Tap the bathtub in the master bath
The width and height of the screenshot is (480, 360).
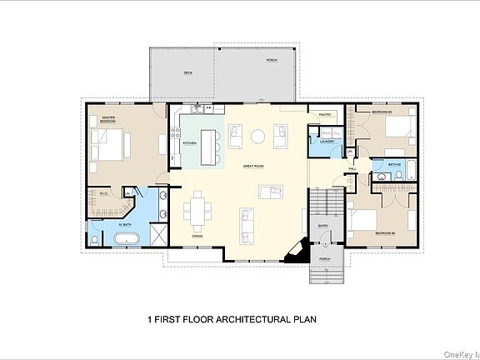coord(127,240)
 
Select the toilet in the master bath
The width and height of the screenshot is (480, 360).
coord(96,240)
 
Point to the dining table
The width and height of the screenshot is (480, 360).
coord(198,211)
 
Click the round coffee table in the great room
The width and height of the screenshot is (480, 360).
coord(259,135)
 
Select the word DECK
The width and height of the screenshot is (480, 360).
coord(188,73)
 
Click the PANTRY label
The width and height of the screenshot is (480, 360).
coord(325,113)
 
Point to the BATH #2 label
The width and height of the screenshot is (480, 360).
coord(395,165)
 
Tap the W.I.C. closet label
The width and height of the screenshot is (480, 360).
coord(103,194)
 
